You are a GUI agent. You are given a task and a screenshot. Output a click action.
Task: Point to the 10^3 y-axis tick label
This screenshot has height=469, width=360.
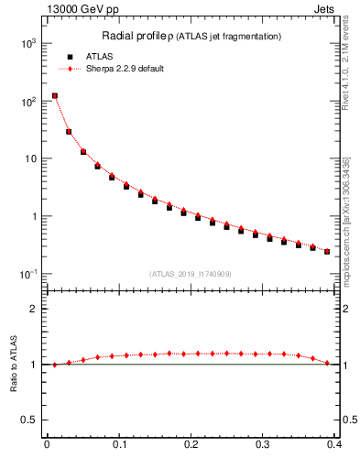[x=28, y=43]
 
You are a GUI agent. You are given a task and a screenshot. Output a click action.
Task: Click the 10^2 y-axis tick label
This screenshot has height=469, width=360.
[x=28, y=101]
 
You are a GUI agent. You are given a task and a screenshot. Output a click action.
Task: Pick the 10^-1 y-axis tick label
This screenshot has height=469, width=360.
[x=27, y=274]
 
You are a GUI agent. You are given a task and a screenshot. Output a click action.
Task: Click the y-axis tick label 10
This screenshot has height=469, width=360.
[x=30, y=158]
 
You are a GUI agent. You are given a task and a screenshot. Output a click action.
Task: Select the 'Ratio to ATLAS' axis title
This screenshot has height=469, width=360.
[x=12, y=364]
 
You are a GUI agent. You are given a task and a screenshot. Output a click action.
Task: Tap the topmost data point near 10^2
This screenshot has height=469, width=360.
[x=54, y=95]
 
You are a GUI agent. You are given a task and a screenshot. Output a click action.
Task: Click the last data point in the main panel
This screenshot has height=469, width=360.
[x=327, y=251]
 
